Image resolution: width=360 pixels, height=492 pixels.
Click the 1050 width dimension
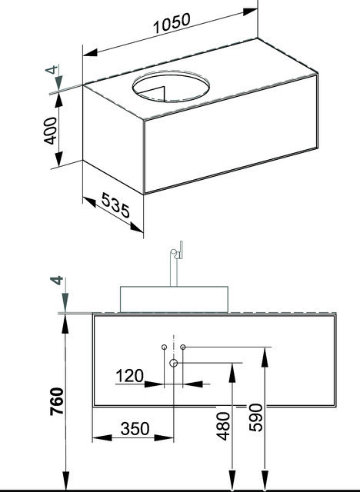coord(172,23)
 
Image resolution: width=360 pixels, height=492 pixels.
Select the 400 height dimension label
coord(50,131)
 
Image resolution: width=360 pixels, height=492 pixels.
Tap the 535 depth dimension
coord(115,205)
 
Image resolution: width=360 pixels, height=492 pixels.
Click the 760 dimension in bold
coord(57,401)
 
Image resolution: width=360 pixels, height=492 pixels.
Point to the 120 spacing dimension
coord(130,376)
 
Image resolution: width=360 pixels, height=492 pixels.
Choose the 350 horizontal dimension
coord(135,429)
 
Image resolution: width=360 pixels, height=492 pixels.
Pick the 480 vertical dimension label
coord(223,426)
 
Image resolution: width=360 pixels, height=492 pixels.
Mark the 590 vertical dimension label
coord(255,417)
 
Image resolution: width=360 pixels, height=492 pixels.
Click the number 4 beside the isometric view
coord(52,69)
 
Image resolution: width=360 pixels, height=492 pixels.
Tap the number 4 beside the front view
coord(57,281)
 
